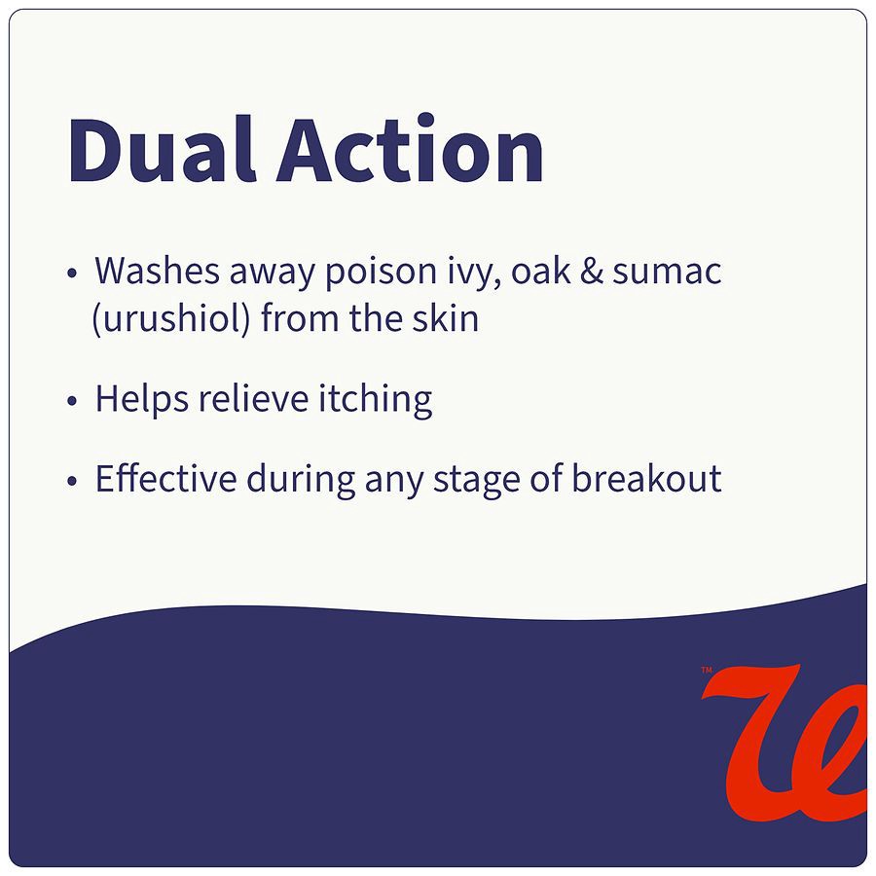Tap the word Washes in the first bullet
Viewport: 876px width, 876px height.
pyautogui.click(x=156, y=272)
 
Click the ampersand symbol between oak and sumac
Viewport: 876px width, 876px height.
pyautogui.click(x=593, y=272)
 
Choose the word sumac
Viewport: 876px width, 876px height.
pyautogui.click(x=667, y=272)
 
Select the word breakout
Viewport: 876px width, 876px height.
pyautogui.click(x=646, y=479)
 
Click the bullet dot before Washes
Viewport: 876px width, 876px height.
pyautogui.click(x=72, y=274)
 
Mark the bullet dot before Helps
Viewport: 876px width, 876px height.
pyautogui.click(x=72, y=402)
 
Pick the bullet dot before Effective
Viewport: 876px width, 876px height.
pyautogui.click(x=72, y=482)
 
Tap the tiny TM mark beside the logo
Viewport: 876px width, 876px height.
pyautogui.click(x=707, y=669)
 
